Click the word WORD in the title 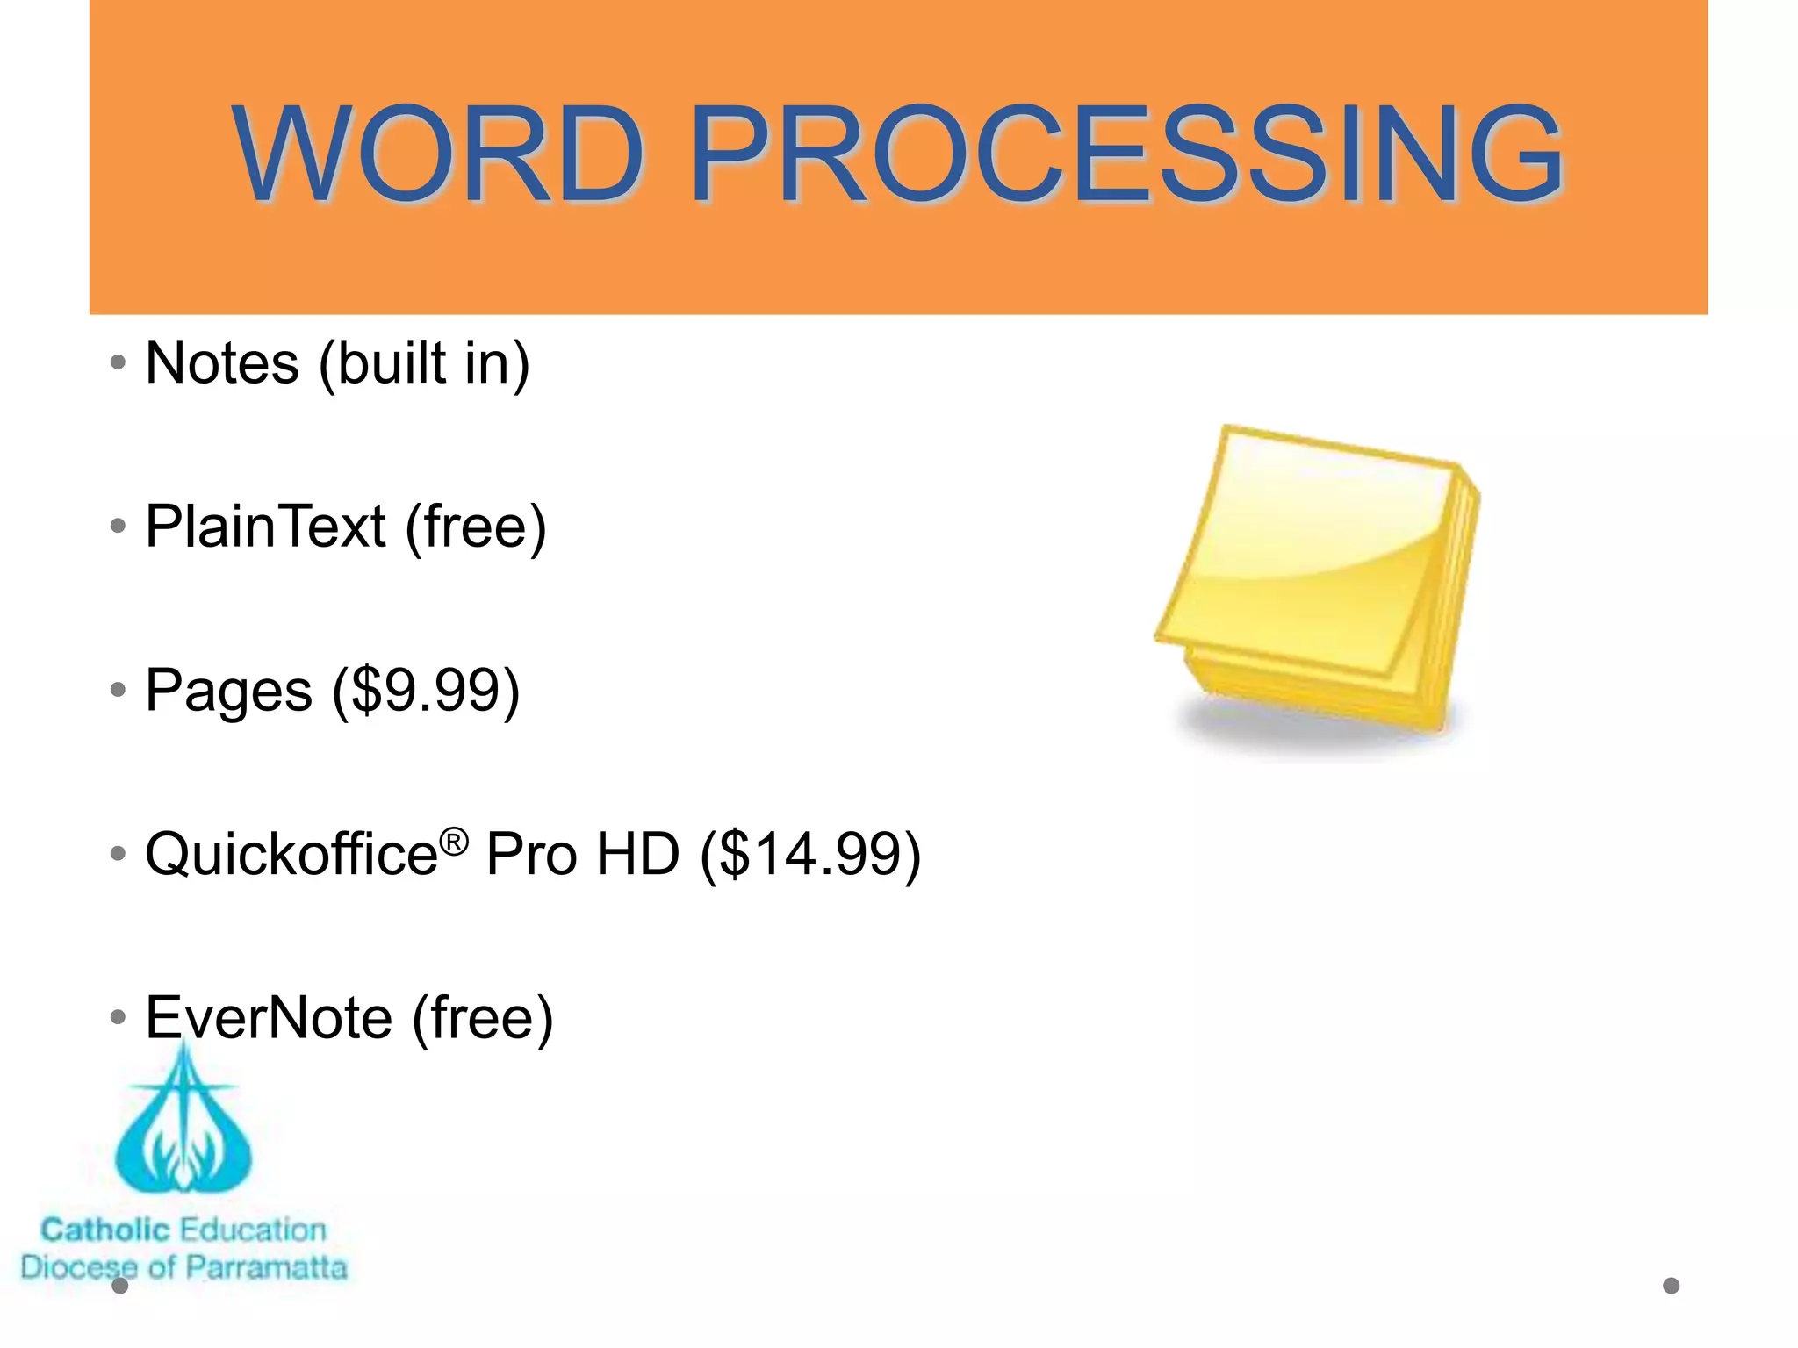coord(439,155)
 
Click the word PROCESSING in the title coord(1126,155)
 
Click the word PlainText coord(265,527)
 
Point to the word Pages coord(228,691)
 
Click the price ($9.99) coord(426,691)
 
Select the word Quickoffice coord(291,854)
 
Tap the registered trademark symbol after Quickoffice coord(454,842)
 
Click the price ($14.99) coord(810,854)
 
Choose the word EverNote coord(269,1018)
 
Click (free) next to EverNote coord(483,1018)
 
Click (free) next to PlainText coord(476,527)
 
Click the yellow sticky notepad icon coord(1317,579)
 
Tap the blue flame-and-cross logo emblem coord(183,1132)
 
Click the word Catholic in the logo coord(105,1230)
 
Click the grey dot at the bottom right coord(1672,1286)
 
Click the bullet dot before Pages coord(119,691)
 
